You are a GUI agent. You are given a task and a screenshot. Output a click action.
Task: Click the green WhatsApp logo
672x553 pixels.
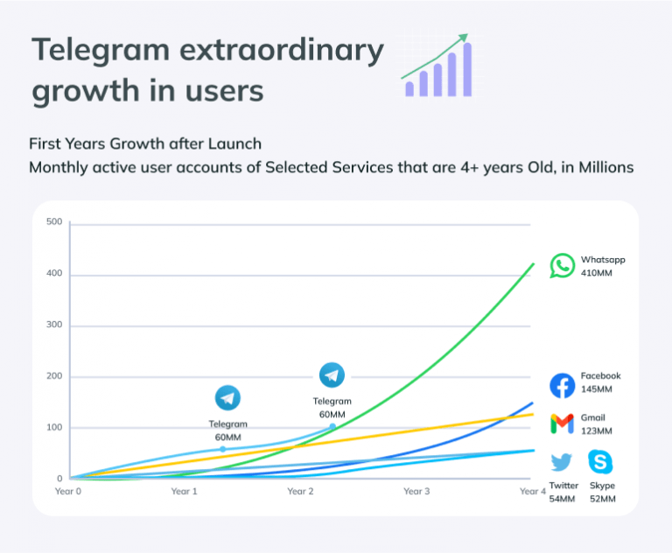click(563, 266)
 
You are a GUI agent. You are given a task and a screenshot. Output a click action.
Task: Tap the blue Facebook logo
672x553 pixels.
click(562, 385)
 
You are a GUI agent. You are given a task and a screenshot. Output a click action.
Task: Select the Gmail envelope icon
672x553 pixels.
click(562, 424)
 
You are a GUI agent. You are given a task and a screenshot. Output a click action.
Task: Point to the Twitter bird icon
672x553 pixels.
click(562, 462)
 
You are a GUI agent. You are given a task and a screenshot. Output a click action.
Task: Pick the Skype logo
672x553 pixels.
click(600, 462)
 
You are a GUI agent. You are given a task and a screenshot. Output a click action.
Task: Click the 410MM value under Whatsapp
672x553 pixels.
click(597, 273)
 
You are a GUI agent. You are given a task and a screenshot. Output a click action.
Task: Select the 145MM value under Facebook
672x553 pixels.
click(597, 389)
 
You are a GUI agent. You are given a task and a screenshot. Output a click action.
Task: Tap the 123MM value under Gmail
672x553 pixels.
click(596, 430)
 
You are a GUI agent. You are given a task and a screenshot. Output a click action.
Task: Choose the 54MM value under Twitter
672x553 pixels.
click(562, 499)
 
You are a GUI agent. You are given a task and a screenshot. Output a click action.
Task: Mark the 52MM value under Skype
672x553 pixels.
click(602, 499)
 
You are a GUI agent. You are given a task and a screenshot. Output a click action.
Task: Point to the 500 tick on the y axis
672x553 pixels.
click(54, 222)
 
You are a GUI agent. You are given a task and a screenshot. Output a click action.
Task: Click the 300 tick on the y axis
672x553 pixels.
click(54, 325)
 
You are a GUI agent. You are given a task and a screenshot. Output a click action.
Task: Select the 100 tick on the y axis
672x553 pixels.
click(54, 428)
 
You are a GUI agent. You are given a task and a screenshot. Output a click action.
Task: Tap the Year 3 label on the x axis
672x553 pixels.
click(416, 492)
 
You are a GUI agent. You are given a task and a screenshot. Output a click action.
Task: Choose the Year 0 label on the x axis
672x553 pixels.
click(68, 492)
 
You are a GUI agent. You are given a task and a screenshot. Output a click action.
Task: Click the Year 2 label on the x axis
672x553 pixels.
click(300, 492)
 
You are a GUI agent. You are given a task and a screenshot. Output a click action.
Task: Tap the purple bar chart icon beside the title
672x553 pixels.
click(437, 68)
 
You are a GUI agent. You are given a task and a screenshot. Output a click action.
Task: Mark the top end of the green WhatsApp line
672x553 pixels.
click(534, 263)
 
